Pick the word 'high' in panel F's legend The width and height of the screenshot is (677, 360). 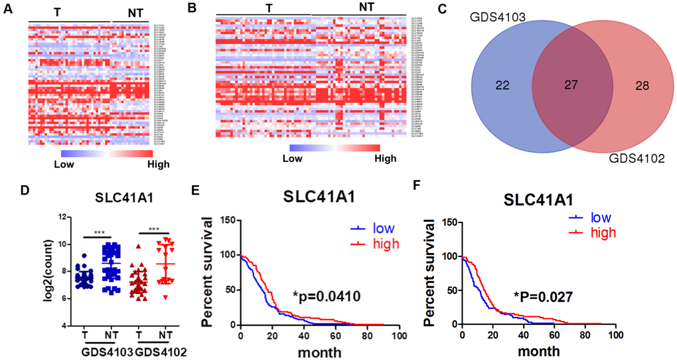click(603, 232)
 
